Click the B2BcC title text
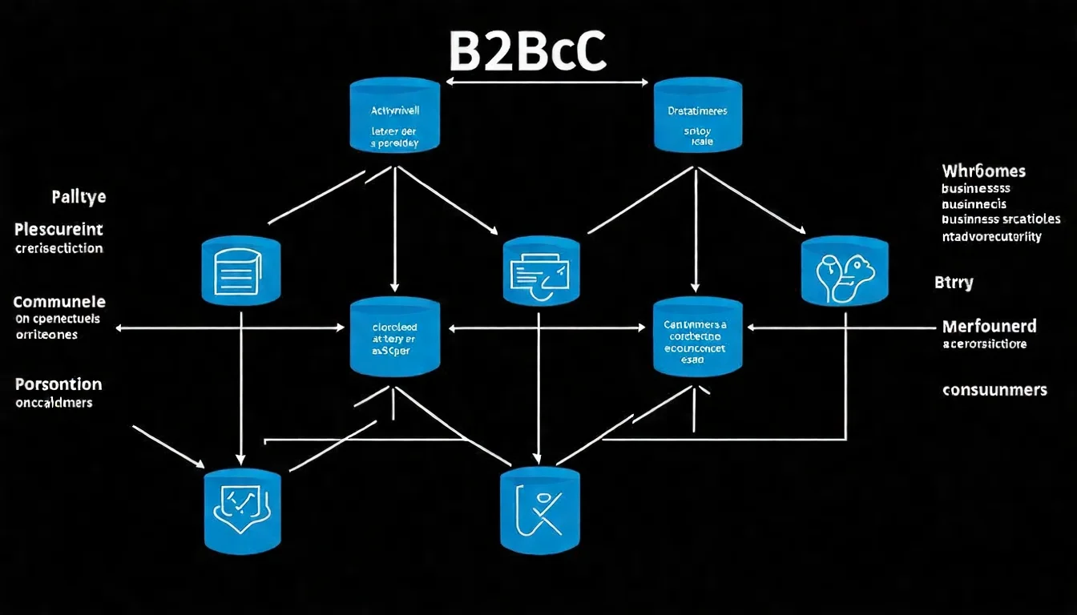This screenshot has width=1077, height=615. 526,52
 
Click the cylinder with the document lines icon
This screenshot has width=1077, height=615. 241,271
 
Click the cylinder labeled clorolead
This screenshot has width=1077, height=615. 394,337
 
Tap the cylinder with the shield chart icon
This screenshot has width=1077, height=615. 242,510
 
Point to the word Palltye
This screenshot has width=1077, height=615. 79,197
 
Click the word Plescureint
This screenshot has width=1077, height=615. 59,231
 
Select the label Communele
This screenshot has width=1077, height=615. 59,302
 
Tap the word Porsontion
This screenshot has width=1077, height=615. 58,384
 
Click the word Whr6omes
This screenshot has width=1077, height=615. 984,171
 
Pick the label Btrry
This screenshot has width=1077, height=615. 954,283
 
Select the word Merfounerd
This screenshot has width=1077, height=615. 989,326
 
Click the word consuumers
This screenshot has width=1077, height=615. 994,390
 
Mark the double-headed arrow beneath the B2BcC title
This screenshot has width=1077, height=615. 547,82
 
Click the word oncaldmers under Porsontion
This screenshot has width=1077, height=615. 54,403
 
